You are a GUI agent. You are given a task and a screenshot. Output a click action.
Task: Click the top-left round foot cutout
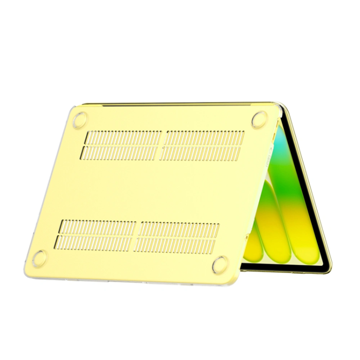coord(80,119)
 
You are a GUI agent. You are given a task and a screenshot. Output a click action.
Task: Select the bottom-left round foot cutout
coord(40,257)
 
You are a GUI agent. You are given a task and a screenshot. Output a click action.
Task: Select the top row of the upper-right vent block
coord(205,137)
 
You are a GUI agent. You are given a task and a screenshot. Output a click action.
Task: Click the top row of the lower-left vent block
coord(98,226)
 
